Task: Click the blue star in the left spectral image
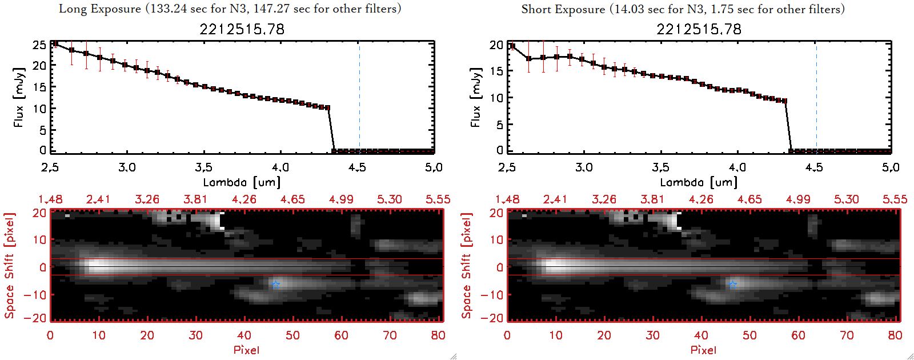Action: [276, 284]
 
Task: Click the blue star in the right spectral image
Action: [733, 284]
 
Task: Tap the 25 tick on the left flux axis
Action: [39, 45]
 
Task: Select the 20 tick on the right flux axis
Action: [496, 45]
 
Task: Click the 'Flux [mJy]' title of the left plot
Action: [19, 97]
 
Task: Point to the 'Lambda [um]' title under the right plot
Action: [699, 182]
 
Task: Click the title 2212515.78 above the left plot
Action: [242, 29]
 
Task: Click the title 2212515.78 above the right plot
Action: [699, 29]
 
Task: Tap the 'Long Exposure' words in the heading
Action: [100, 9]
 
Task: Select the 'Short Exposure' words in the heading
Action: [563, 9]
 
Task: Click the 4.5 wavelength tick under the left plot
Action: [357, 167]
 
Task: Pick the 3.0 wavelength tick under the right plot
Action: [584, 167]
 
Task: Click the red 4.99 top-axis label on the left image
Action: [341, 199]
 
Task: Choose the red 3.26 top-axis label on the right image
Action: [604, 199]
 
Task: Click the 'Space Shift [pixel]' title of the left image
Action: [9, 266]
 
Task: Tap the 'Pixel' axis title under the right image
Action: [703, 350]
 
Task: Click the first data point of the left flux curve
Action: [55, 43]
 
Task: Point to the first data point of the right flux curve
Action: [512, 46]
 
